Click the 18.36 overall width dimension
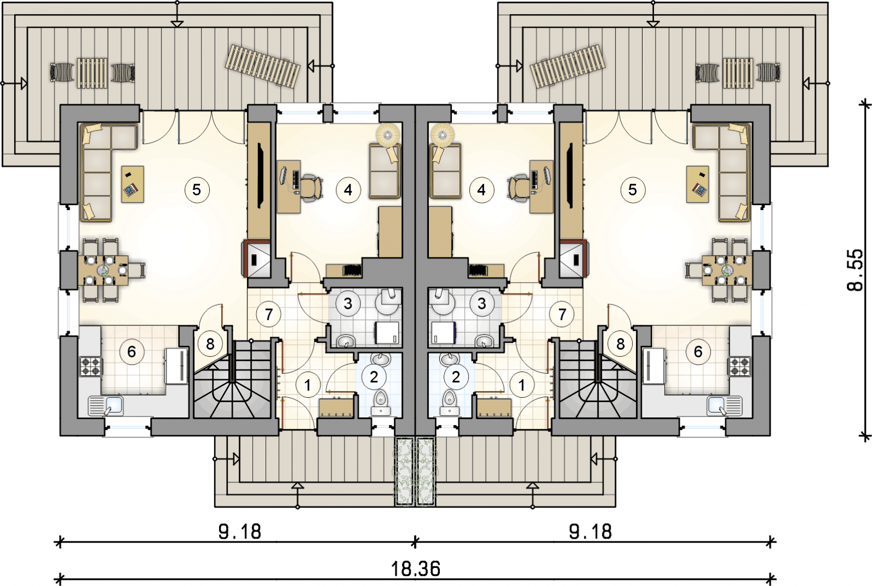(415, 569)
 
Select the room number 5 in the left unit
(197, 190)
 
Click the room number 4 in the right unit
(482, 190)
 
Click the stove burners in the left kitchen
(91, 366)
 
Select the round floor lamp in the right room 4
(441, 134)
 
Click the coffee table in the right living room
(698, 184)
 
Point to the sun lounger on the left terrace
(264, 66)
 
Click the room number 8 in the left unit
(210, 344)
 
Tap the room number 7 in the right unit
(562, 314)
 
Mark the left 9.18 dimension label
(240, 531)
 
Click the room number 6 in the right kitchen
(698, 352)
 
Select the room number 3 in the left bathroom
(348, 303)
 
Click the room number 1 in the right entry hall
(522, 385)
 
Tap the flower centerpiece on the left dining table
(104, 270)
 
